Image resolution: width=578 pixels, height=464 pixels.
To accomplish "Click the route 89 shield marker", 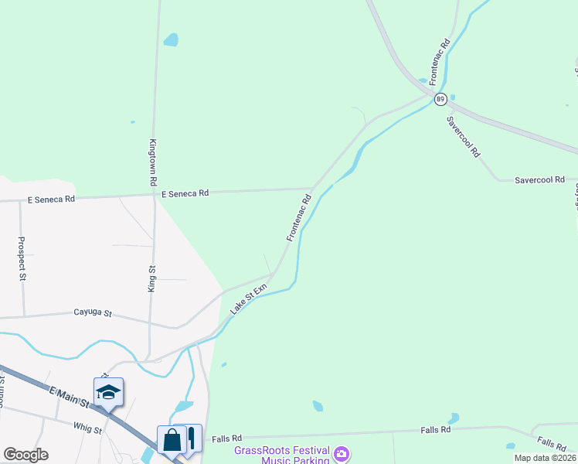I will (440, 99).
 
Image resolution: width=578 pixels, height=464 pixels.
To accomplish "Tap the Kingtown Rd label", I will (153, 162).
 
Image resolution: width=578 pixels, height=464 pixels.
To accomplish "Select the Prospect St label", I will (22, 259).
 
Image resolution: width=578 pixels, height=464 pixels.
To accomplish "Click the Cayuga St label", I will (93, 313).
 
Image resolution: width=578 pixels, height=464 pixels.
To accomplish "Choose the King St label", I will (152, 278).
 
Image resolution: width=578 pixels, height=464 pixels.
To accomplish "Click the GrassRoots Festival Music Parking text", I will (283, 455).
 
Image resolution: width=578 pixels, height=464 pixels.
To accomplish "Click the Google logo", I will (25, 455).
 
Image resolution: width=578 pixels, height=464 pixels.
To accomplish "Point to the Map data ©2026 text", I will (544, 458).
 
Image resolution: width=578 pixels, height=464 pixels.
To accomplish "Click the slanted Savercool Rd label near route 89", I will (464, 137).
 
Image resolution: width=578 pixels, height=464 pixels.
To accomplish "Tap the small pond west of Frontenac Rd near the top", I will (171, 39).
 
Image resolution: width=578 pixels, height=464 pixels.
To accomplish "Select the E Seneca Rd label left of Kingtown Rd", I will (51, 199).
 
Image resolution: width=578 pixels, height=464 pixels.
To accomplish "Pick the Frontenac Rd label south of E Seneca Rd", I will (298, 217).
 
